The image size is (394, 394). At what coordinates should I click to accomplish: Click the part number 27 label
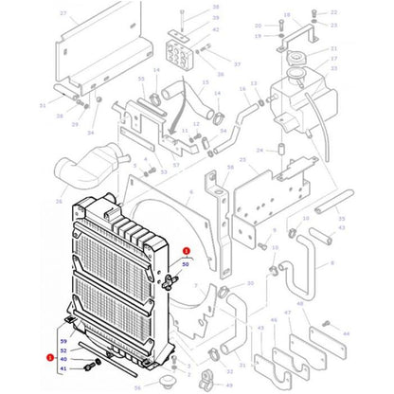pyautogui.click(x=63, y=14)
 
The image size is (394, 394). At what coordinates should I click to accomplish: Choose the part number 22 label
pyautogui.click(x=333, y=12)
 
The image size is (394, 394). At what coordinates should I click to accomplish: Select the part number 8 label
pyautogui.click(x=331, y=264)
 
